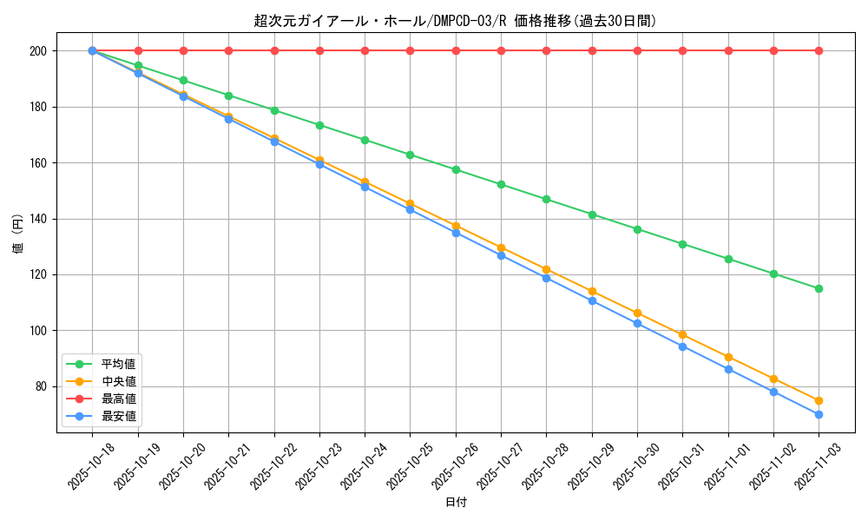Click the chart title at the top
pos(455,21)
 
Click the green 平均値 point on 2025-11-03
pos(819,288)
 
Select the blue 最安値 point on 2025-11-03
pos(819,414)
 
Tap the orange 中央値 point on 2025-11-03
pos(819,400)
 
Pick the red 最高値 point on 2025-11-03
pos(819,50)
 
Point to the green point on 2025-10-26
pos(456,169)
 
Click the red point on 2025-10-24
pos(365,50)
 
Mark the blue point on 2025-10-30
pos(637,323)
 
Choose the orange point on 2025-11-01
pos(728,357)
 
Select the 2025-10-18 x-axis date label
pos(91,467)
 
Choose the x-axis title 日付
pos(456,503)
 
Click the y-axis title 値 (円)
pos(17,234)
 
